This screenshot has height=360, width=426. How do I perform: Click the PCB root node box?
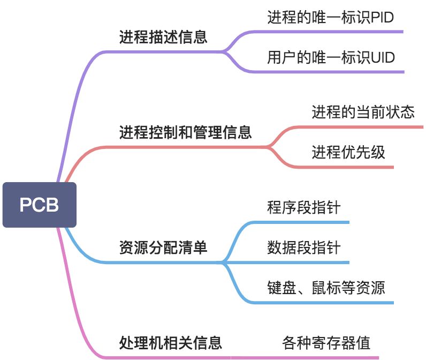39,205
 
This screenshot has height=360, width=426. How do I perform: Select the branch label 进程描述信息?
163,38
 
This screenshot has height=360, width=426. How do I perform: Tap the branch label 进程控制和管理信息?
185,132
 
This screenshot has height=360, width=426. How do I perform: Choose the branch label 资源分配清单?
163,248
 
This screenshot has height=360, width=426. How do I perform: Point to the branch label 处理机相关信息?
170,342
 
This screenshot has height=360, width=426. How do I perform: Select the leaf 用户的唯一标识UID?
331,57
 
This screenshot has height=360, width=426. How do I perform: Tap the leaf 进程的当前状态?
363,112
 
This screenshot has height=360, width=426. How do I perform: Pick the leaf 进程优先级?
348,152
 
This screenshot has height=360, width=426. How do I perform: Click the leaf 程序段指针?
303,207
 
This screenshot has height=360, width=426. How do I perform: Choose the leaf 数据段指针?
303,247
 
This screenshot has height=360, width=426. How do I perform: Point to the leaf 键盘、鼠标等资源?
325,288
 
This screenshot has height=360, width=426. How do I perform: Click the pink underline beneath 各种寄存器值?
321,357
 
